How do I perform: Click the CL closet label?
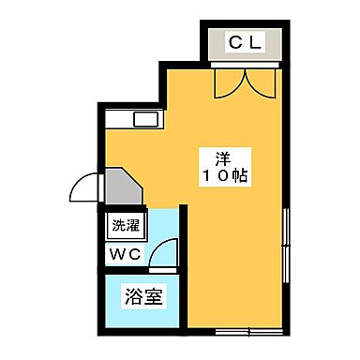point(246,41)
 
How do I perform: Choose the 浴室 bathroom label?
point(143,301)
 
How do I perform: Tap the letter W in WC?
point(118,255)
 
